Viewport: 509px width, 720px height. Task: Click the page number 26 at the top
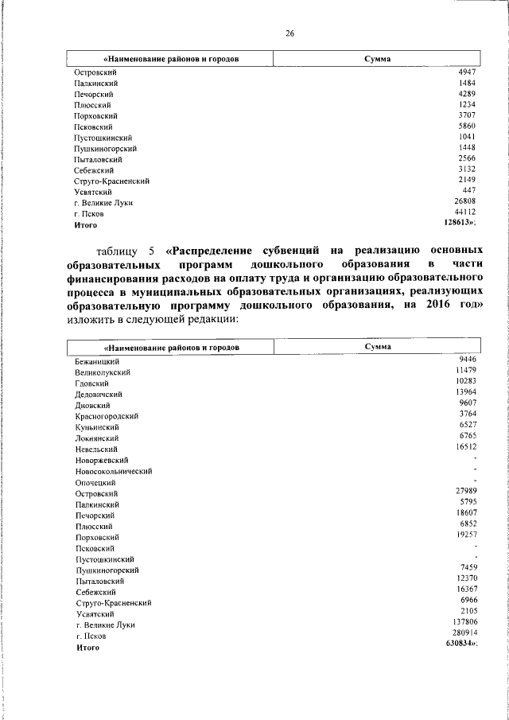pos(290,33)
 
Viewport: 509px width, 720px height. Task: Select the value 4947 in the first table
pos(467,72)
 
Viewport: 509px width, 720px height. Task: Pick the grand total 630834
pos(458,643)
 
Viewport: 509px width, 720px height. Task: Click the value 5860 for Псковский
pos(467,126)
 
